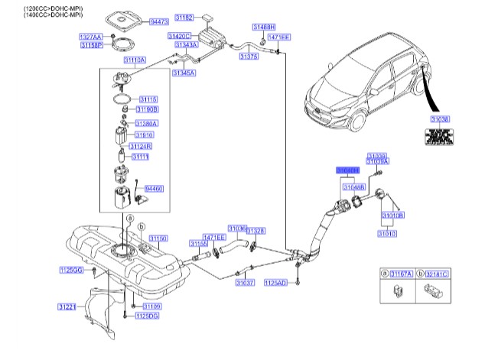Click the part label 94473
161,24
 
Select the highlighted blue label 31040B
349,170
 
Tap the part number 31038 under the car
440,119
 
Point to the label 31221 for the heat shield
67,306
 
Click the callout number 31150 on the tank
158,239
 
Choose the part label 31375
249,56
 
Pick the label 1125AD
275,283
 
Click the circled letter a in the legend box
385,273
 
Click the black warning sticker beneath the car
439,138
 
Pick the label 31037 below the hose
245,282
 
